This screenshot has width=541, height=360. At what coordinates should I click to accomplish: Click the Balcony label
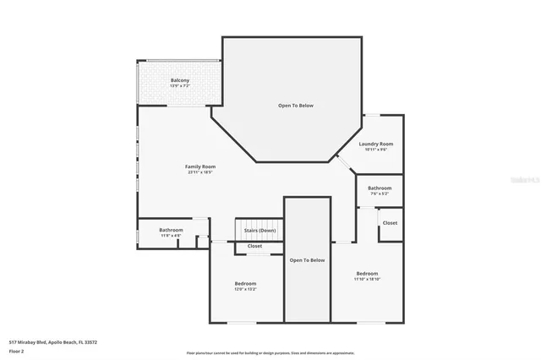(179, 80)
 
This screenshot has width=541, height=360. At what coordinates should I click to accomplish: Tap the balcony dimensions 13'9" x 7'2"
(179, 86)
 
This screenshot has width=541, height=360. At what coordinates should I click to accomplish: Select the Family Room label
(200, 166)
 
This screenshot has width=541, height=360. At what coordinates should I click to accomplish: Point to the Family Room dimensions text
(200, 172)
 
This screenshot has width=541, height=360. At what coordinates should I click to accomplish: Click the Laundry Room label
(376, 144)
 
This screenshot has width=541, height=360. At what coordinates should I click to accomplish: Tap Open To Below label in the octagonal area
(296, 106)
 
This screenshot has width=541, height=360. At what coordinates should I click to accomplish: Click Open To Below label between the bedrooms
(307, 260)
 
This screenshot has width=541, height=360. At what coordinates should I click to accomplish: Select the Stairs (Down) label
(260, 230)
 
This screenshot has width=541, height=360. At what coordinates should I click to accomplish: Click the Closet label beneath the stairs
(254, 246)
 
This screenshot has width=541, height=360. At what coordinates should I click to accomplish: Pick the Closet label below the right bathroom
(390, 223)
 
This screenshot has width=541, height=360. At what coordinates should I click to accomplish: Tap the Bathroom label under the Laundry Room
(380, 188)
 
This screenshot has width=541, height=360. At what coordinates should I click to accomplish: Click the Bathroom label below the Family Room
(172, 230)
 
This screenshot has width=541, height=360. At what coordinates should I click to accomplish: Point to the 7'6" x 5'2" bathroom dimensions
(380, 194)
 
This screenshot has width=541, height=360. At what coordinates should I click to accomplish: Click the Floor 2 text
(16, 349)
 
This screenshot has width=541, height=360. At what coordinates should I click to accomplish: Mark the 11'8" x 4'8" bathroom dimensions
(172, 236)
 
